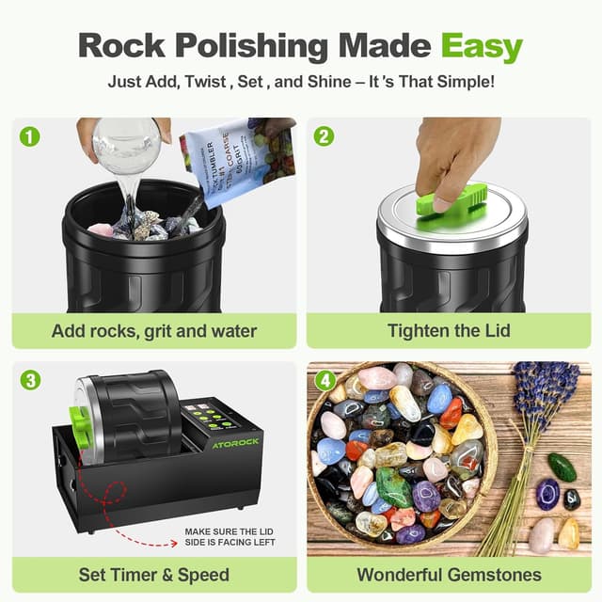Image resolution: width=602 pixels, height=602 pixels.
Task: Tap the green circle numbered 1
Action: tap(31, 135)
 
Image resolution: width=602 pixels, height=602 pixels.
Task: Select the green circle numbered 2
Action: tap(325, 135)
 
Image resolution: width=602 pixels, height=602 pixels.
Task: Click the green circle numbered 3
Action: tap(31, 380)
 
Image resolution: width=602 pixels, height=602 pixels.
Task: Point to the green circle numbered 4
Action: tap(325, 380)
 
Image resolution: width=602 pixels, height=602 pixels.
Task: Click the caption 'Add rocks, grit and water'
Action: tap(154, 331)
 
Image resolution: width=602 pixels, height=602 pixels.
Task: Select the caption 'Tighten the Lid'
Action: tap(449, 331)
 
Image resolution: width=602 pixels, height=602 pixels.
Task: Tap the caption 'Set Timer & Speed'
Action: tap(154, 575)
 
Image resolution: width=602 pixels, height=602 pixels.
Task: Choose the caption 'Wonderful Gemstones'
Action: tap(449, 575)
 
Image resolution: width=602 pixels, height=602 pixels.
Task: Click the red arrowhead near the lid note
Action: tap(179, 542)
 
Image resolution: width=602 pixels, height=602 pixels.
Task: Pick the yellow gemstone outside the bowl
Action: tap(569, 533)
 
